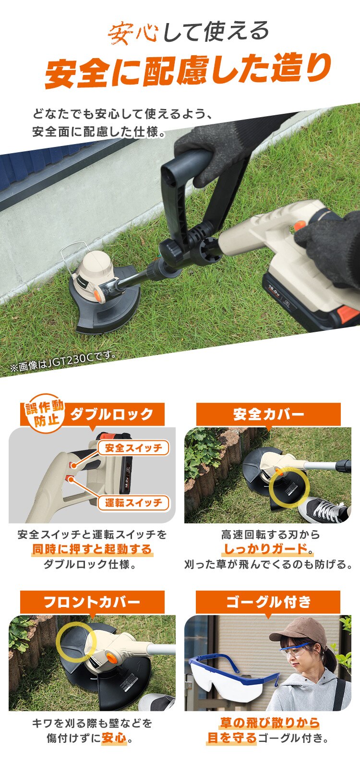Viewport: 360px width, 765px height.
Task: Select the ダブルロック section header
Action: coord(112,414)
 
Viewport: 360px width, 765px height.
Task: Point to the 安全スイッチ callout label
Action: coord(133,448)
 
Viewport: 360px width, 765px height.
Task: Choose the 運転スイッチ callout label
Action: coord(133,503)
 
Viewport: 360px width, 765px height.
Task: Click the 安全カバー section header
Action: coord(268,414)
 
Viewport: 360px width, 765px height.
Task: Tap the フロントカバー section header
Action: coord(92,602)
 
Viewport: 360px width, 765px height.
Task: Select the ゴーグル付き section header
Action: coord(268,602)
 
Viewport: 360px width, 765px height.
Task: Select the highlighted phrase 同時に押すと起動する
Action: coord(92,549)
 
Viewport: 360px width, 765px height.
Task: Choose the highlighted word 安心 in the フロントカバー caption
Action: coord(114,738)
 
